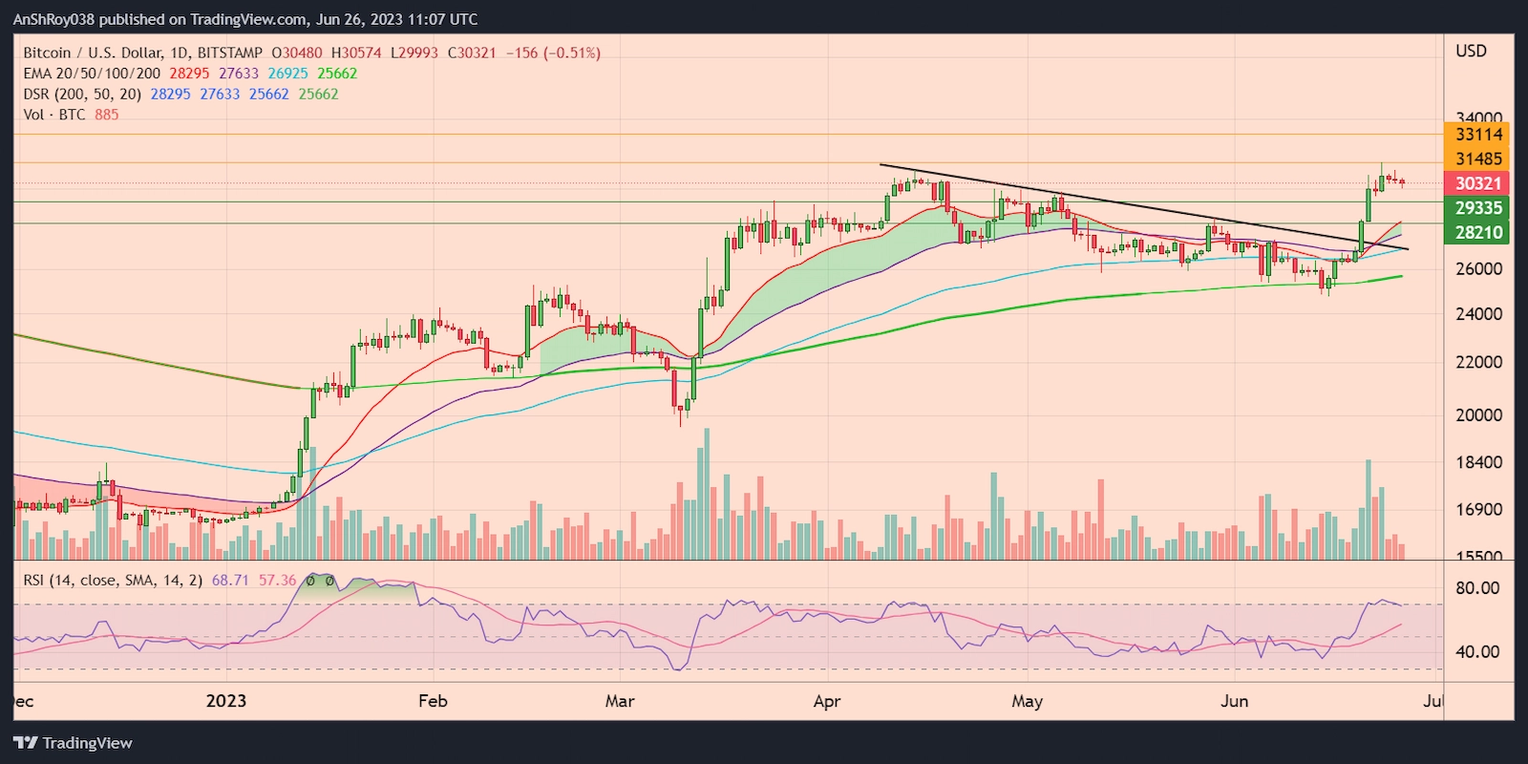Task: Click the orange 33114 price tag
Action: (x=1477, y=135)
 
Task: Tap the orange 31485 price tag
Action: (x=1477, y=159)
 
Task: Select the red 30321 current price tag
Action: (x=1477, y=183)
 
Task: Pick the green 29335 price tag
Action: (x=1477, y=208)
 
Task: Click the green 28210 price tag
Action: (x=1477, y=232)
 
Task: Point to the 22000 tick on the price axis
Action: (x=1478, y=363)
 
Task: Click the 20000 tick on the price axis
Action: (x=1478, y=415)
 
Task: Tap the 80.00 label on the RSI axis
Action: (x=1476, y=588)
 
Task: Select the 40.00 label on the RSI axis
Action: (x=1476, y=652)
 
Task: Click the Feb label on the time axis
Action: (x=433, y=701)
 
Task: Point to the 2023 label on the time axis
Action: (x=225, y=701)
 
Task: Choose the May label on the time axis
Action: (x=1027, y=701)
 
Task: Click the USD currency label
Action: (x=1471, y=52)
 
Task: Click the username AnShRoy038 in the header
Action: (x=54, y=19)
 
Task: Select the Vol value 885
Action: (x=107, y=115)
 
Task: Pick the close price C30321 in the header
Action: (x=472, y=53)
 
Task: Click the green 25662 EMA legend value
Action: (x=337, y=74)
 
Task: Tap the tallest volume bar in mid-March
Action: (x=707, y=493)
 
